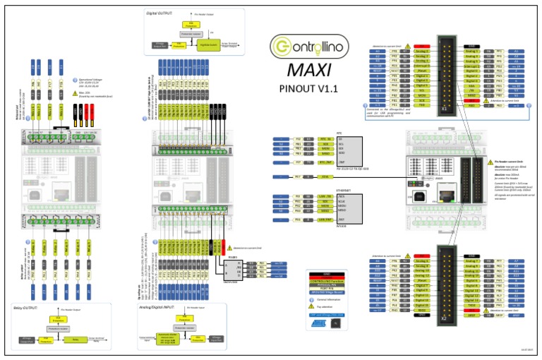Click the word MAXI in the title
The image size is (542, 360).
click(304, 71)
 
